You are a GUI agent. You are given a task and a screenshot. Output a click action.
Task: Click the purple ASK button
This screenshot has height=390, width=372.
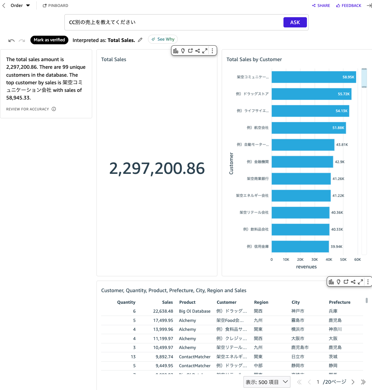pos(295,22)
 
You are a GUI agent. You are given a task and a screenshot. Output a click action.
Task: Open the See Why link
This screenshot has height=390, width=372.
pos(163,39)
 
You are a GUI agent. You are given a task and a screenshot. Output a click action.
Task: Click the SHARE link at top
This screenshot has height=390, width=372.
pos(321,6)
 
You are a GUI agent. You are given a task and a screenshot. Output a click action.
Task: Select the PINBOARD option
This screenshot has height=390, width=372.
pos(56,6)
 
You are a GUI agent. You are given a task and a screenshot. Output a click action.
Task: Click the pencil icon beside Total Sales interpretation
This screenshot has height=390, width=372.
pos(140,40)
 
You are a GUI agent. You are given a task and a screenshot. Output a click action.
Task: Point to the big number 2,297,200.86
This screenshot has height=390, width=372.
pos(157,169)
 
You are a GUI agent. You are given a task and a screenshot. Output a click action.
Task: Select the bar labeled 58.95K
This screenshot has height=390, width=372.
pos(314,77)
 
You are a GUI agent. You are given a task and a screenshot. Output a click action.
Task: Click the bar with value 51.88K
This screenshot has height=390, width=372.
pos(309,128)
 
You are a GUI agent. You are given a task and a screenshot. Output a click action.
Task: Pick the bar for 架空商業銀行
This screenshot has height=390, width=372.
pos(301,179)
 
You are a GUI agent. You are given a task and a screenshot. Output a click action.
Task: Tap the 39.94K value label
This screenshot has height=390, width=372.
pos(336,247)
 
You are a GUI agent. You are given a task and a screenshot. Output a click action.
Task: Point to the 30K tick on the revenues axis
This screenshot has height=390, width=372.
pos(315,260)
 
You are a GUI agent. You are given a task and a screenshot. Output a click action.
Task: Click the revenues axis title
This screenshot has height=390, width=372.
pos(306,267)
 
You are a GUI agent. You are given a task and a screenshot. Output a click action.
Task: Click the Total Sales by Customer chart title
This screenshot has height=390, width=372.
pos(254,59)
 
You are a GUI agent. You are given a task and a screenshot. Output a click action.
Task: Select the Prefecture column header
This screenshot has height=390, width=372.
pos(340,302)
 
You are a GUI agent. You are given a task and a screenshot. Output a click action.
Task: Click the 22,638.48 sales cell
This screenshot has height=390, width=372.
pos(163,311)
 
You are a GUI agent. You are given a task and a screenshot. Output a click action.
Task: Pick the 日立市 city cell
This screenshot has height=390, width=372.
pos(298,357)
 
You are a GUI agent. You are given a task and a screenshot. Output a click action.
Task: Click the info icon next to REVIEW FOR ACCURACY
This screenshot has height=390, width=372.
pos(54,109)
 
